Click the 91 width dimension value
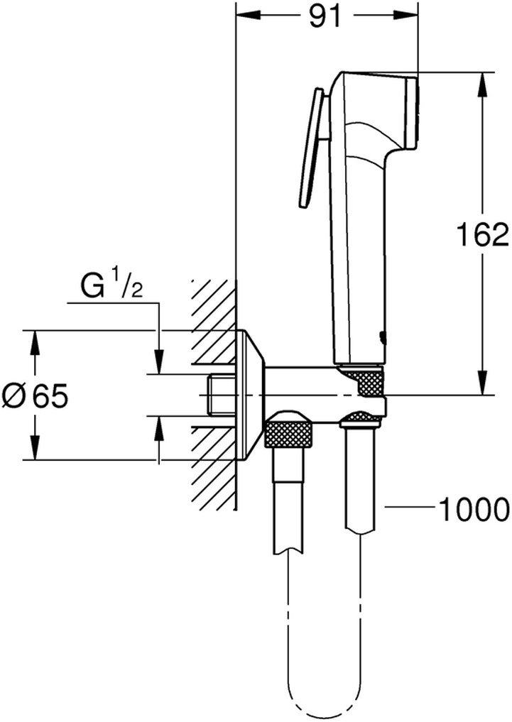click(325, 17)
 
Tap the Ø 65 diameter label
click(35, 396)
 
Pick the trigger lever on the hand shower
click(311, 148)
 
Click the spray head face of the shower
click(413, 113)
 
